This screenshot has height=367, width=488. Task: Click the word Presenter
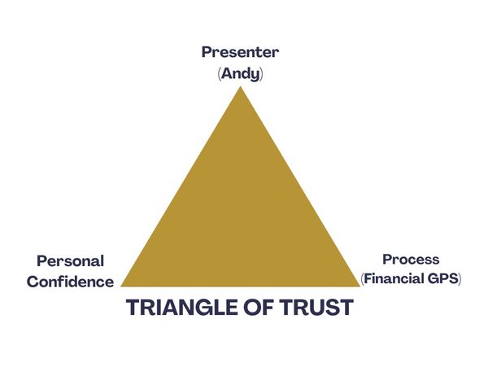tap(240, 52)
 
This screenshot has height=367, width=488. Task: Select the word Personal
tap(70, 261)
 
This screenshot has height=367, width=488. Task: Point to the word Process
tap(411, 260)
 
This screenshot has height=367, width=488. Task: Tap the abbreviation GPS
tap(444, 278)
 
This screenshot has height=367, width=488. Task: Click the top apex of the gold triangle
tap(240, 87)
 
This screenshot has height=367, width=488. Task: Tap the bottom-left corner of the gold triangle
tap(122, 286)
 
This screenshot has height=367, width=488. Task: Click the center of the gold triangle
tap(240, 220)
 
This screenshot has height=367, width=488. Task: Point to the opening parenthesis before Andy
tap(220, 73)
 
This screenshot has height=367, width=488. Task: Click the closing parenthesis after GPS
tap(460, 279)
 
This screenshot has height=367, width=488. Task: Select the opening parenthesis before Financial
tap(363, 279)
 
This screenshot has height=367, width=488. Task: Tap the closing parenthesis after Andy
tap(261, 73)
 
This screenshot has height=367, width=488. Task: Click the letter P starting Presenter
tap(207, 52)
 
